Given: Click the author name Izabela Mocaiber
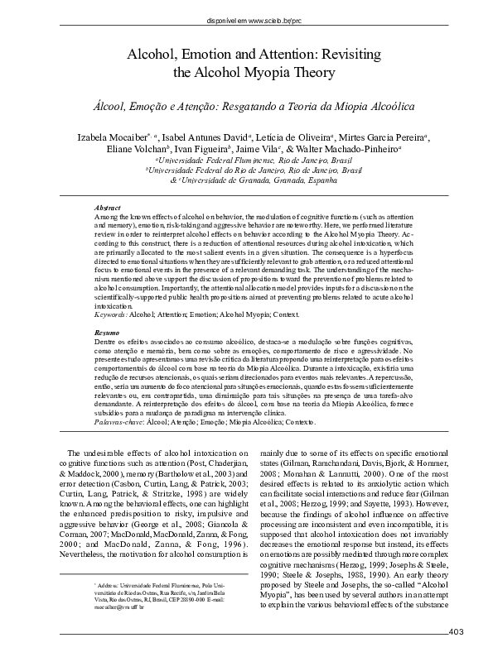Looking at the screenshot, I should pyautogui.click(x=120, y=137).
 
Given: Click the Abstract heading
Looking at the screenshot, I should pyautogui.click(x=108, y=207).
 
